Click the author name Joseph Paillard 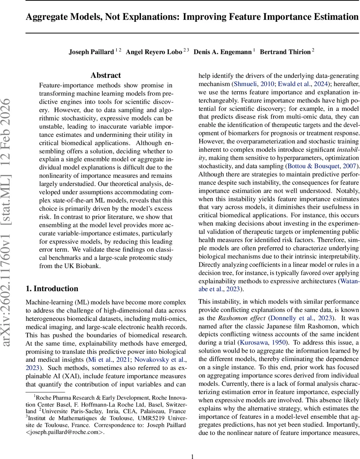91,52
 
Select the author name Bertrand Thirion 285,52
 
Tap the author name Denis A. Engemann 222,52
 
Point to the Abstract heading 106,75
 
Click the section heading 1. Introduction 52,288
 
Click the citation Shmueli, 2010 253,84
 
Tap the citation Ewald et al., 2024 300,84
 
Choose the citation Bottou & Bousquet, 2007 321,166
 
